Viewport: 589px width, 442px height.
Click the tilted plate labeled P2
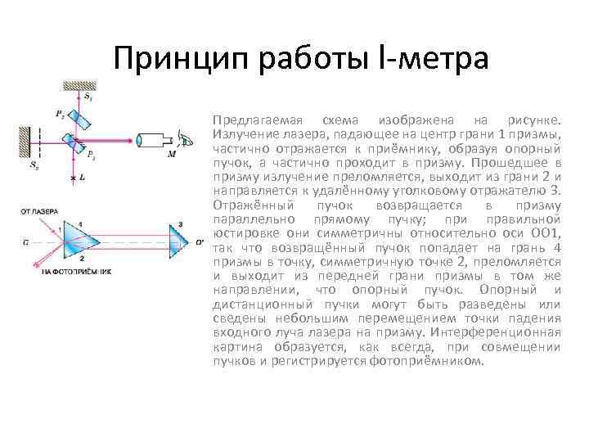coord(85,120)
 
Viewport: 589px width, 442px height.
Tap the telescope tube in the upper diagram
coord(151,140)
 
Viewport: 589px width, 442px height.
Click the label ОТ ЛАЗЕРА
coord(38,212)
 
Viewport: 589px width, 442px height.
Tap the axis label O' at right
coord(199,241)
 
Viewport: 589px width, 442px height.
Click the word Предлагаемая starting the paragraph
coord(246,120)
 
